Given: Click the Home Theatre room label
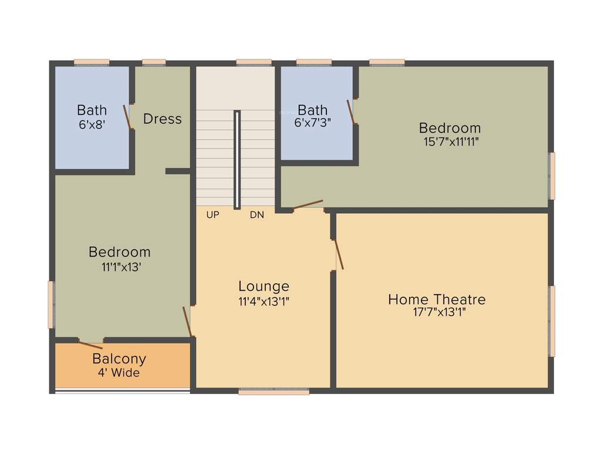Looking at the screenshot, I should tap(437, 299).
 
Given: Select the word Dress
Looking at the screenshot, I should tap(163, 119).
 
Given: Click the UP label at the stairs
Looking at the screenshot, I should tap(212, 215).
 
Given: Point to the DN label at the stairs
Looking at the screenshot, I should tap(256, 215).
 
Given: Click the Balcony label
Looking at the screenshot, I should tap(119, 359).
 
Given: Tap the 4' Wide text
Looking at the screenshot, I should tap(119, 372).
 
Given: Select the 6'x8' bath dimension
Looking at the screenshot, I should tap(92, 124).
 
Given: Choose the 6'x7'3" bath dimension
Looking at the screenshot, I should tap(312, 124).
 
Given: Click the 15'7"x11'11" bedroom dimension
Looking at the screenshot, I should tap(450, 142).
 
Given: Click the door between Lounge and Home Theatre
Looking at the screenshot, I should tap(339, 254).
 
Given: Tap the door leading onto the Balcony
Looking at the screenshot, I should tap(90, 345).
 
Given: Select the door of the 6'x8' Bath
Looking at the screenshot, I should tap(127, 117).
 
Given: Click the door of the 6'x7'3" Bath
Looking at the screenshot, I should tap(351, 112).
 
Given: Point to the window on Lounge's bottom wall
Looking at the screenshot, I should tap(274, 392).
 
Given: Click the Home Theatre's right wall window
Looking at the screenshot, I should tap(552, 321).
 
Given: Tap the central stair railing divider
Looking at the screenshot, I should tap(237, 159).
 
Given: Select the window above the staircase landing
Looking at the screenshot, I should tap(254, 62).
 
